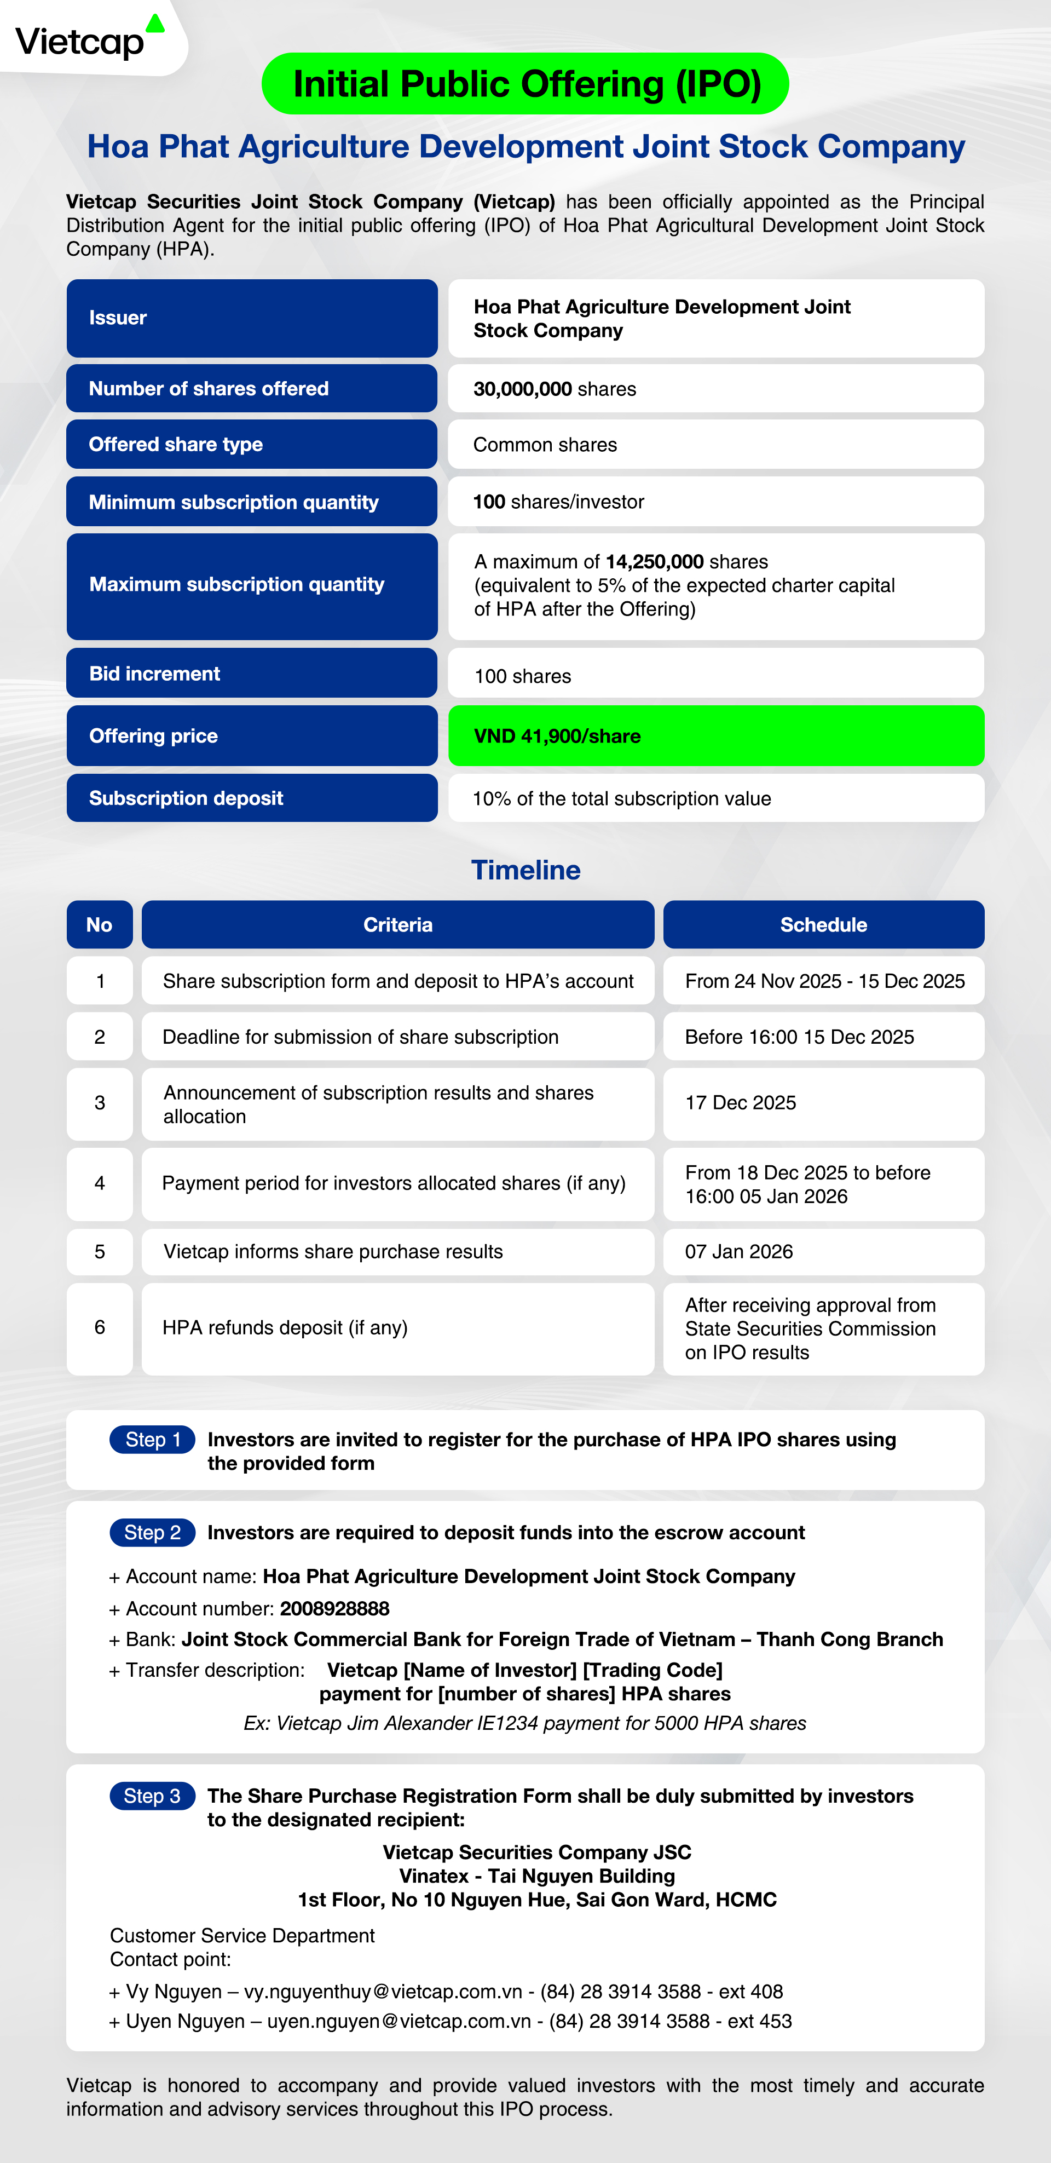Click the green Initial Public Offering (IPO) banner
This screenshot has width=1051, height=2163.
tap(525, 84)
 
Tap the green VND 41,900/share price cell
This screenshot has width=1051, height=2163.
tap(715, 735)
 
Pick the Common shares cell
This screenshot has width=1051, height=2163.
tap(715, 444)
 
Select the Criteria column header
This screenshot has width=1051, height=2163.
tap(398, 924)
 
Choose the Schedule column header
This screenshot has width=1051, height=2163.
tap(823, 924)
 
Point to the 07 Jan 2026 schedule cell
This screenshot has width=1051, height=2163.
tap(823, 1252)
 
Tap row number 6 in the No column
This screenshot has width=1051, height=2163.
tap(100, 1327)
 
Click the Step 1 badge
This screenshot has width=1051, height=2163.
tap(153, 1439)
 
